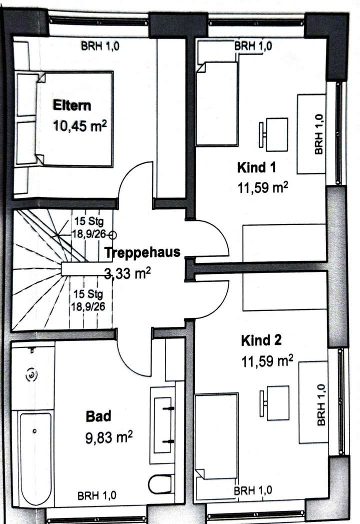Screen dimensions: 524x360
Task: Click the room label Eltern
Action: (x=72, y=105)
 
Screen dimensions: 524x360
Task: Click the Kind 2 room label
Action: (x=261, y=341)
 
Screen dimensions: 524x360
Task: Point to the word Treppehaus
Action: (x=142, y=252)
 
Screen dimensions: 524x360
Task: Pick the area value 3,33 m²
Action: (x=128, y=273)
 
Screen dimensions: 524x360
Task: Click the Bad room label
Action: (x=98, y=415)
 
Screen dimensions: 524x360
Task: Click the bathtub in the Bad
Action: (x=35, y=457)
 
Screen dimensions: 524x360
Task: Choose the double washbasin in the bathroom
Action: (x=163, y=424)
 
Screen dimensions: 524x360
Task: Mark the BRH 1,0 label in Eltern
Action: (x=100, y=47)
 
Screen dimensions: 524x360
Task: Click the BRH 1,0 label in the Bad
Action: (x=97, y=496)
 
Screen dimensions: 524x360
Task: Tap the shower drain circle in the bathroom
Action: (x=31, y=373)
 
